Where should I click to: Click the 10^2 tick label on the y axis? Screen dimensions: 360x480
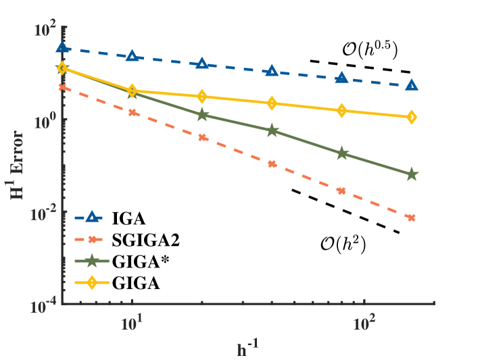tap(48, 29)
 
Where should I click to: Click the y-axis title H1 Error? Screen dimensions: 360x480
tap(20, 166)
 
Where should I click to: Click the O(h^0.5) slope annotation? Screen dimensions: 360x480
tap(369, 49)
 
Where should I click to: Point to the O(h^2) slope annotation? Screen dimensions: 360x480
tap(343, 243)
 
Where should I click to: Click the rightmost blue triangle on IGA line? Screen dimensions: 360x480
tap(412, 86)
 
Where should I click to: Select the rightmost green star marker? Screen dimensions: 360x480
tap(412, 175)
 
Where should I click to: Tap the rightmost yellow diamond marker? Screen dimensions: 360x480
tap(412, 118)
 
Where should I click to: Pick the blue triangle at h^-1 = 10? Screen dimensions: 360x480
tap(133, 56)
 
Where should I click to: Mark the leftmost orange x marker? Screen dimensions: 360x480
tap(63, 87)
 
